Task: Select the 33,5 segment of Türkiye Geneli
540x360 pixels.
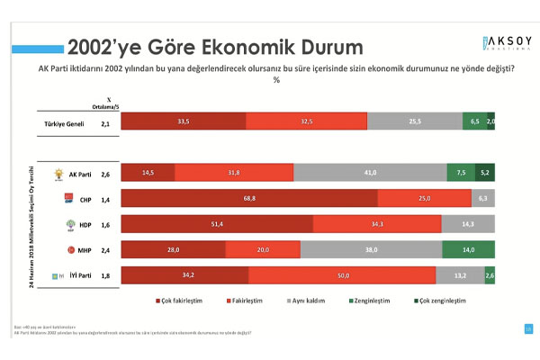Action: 183,121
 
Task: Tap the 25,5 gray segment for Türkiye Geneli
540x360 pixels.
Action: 415,121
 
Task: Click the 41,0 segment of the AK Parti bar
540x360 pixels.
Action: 370,174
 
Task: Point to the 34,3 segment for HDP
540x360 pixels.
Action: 377,224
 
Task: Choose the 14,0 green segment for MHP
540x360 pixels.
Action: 470,250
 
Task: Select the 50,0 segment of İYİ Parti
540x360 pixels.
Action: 342,276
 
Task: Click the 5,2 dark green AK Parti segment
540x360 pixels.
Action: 485,174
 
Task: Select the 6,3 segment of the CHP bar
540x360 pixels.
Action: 483,199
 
